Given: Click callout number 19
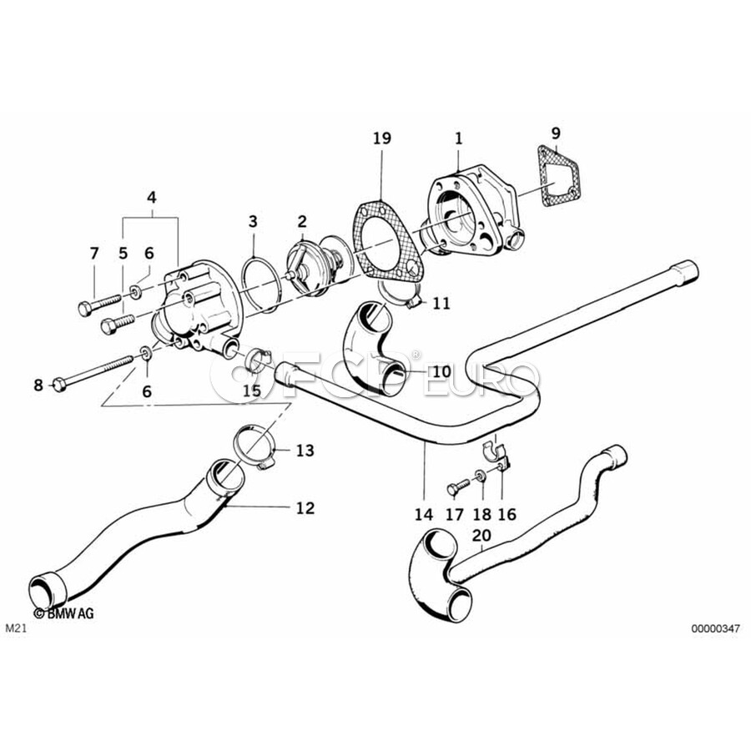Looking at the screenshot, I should [x=381, y=138].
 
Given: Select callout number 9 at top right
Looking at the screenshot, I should [x=557, y=132].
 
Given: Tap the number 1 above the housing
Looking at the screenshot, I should [x=458, y=138].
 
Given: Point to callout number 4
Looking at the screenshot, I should [x=151, y=198].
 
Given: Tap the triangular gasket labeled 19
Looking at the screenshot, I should [x=385, y=238].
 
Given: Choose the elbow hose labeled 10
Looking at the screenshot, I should [x=381, y=350].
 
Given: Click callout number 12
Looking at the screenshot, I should [x=305, y=507].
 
